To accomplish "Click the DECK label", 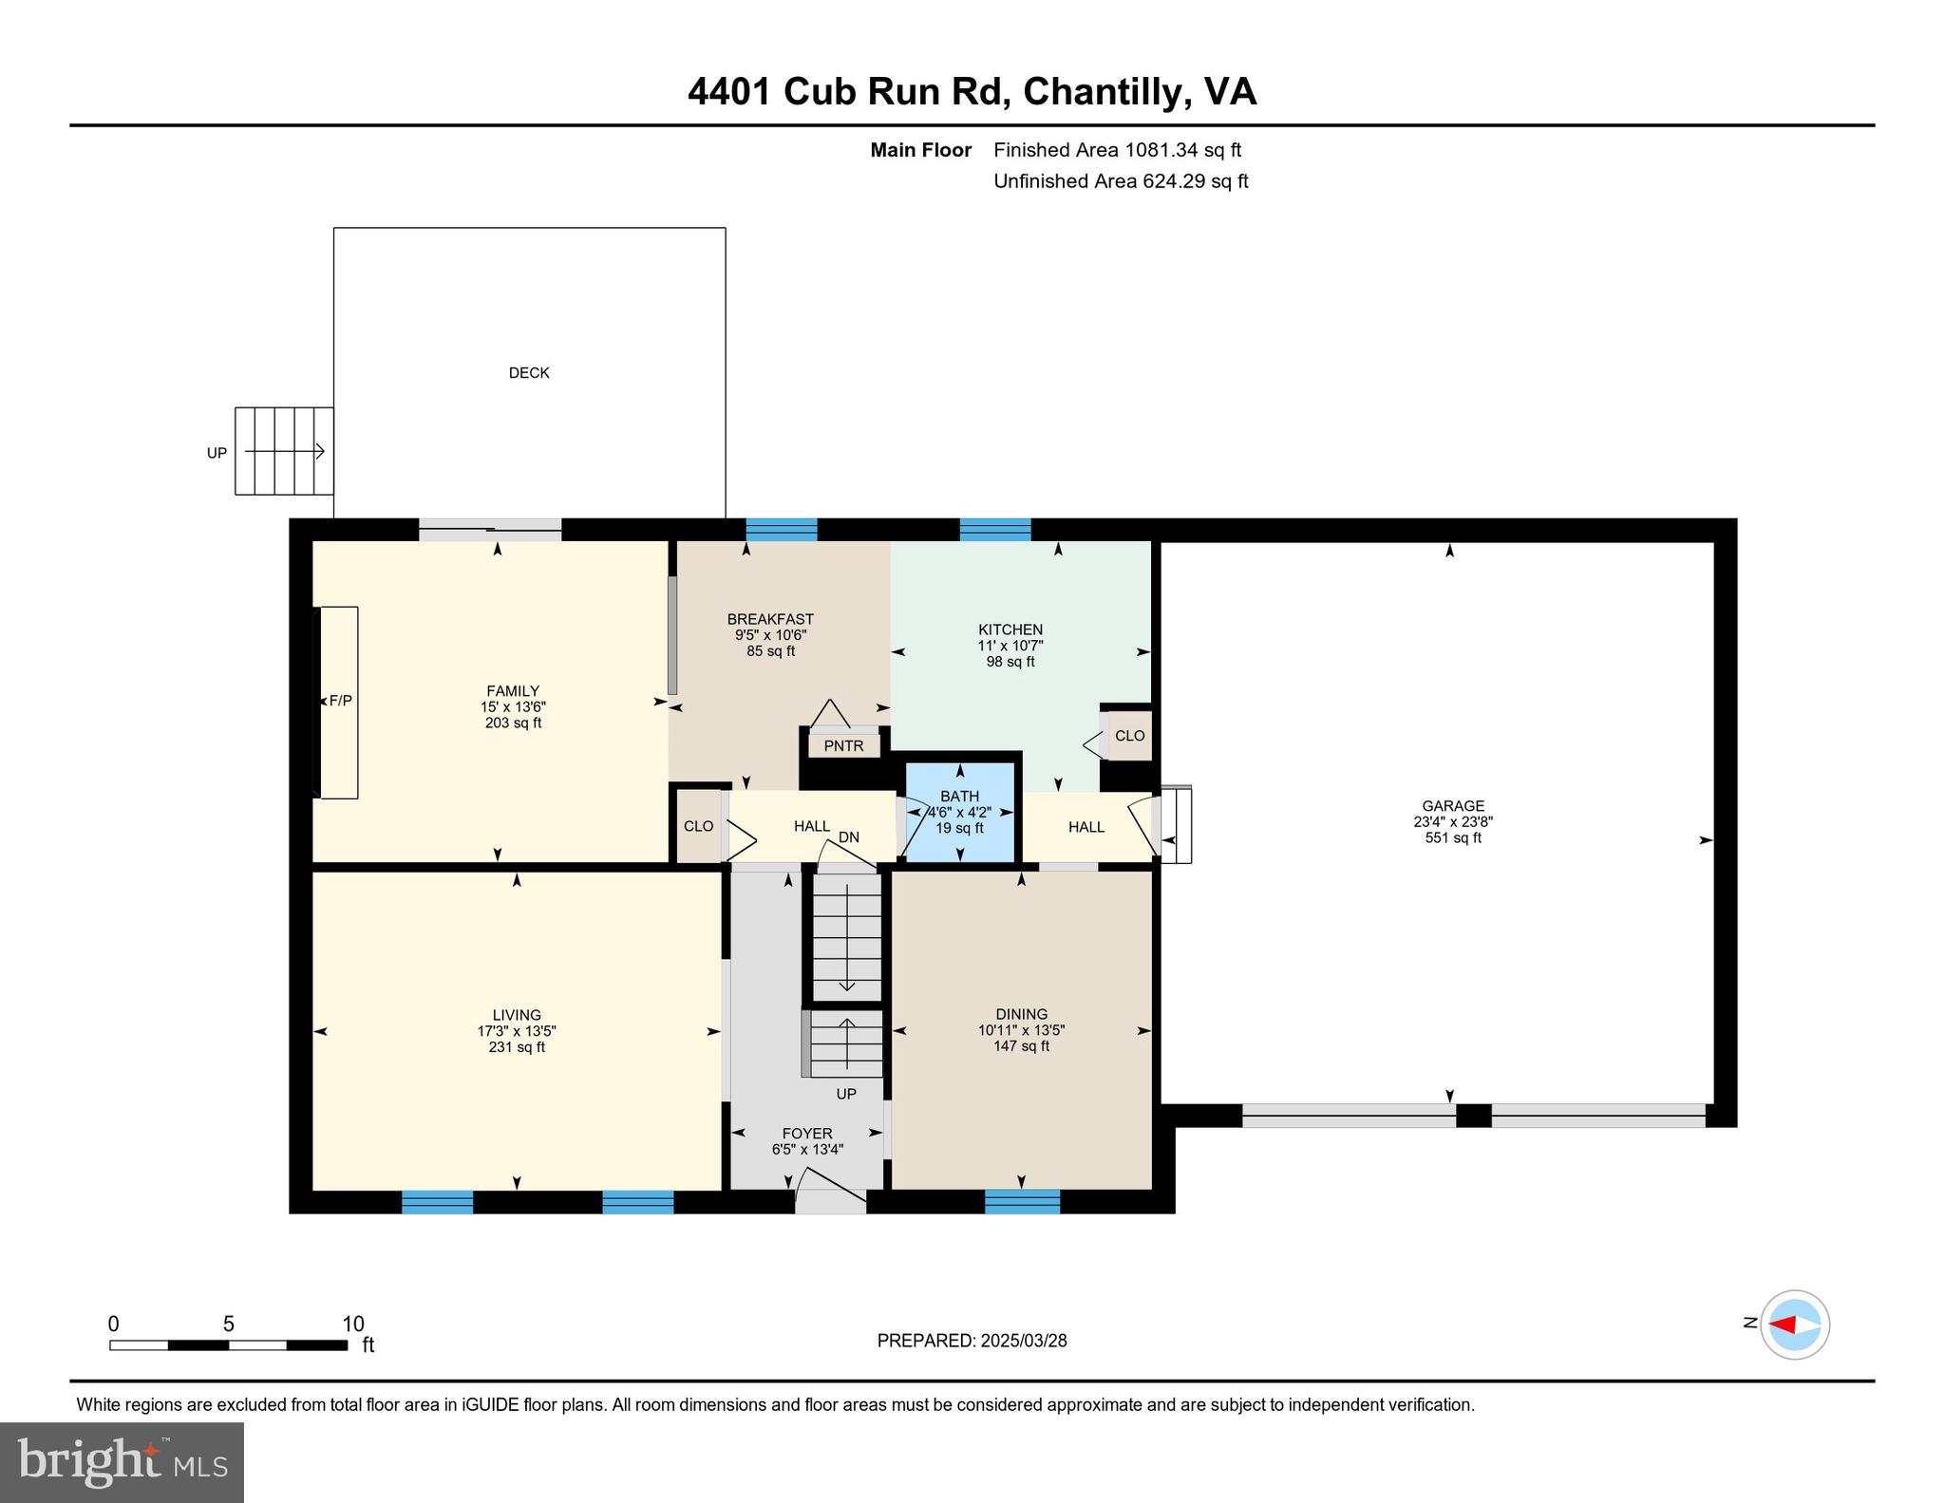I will pos(529,373).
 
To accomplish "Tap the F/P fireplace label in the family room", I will pos(340,701).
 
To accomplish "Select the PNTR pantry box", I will pos(843,745).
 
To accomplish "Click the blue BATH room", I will pos(960,813).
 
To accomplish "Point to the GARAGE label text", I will pos(1452,806).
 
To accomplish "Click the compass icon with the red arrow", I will pos(1794,1325).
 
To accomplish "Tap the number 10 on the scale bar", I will pos(352,1324).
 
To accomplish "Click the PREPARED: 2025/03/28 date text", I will pos(972,1341).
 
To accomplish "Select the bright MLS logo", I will pos(122,1462).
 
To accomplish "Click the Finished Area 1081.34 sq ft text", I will pos(1117,150).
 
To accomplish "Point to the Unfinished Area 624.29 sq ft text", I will pos(1121,181).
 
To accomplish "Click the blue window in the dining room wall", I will pos(1022,1201).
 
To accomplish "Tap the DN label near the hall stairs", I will pos(848,837).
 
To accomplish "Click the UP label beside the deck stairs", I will pos(217,453).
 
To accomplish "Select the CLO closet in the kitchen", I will pos(1129,736).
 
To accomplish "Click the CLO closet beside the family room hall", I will pos(698,826).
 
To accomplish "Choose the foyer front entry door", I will pos(830,1200).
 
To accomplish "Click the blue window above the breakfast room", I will pos(781,529).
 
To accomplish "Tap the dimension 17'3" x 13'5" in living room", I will pos(516,1031).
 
